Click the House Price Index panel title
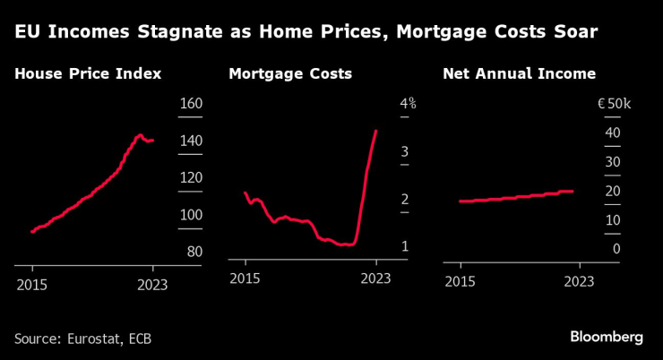(x=88, y=74)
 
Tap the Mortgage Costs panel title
(x=290, y=74)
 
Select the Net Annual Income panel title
(x=519, y=74)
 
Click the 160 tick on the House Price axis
(x=191, y=104)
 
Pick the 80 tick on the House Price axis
(x=194, y=252)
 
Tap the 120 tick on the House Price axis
(x=191, y=177)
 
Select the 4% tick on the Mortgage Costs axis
(x=408, y=104)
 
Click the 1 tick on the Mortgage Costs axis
(x=405, y=246)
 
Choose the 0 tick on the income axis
(x=616, y=249)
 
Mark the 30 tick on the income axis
(x=613, y=162)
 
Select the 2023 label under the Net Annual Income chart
(x=580, y=280)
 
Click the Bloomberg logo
(x=607, y=338)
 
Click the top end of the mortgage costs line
(x=376, y=131)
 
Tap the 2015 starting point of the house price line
(x=31, y=232)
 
